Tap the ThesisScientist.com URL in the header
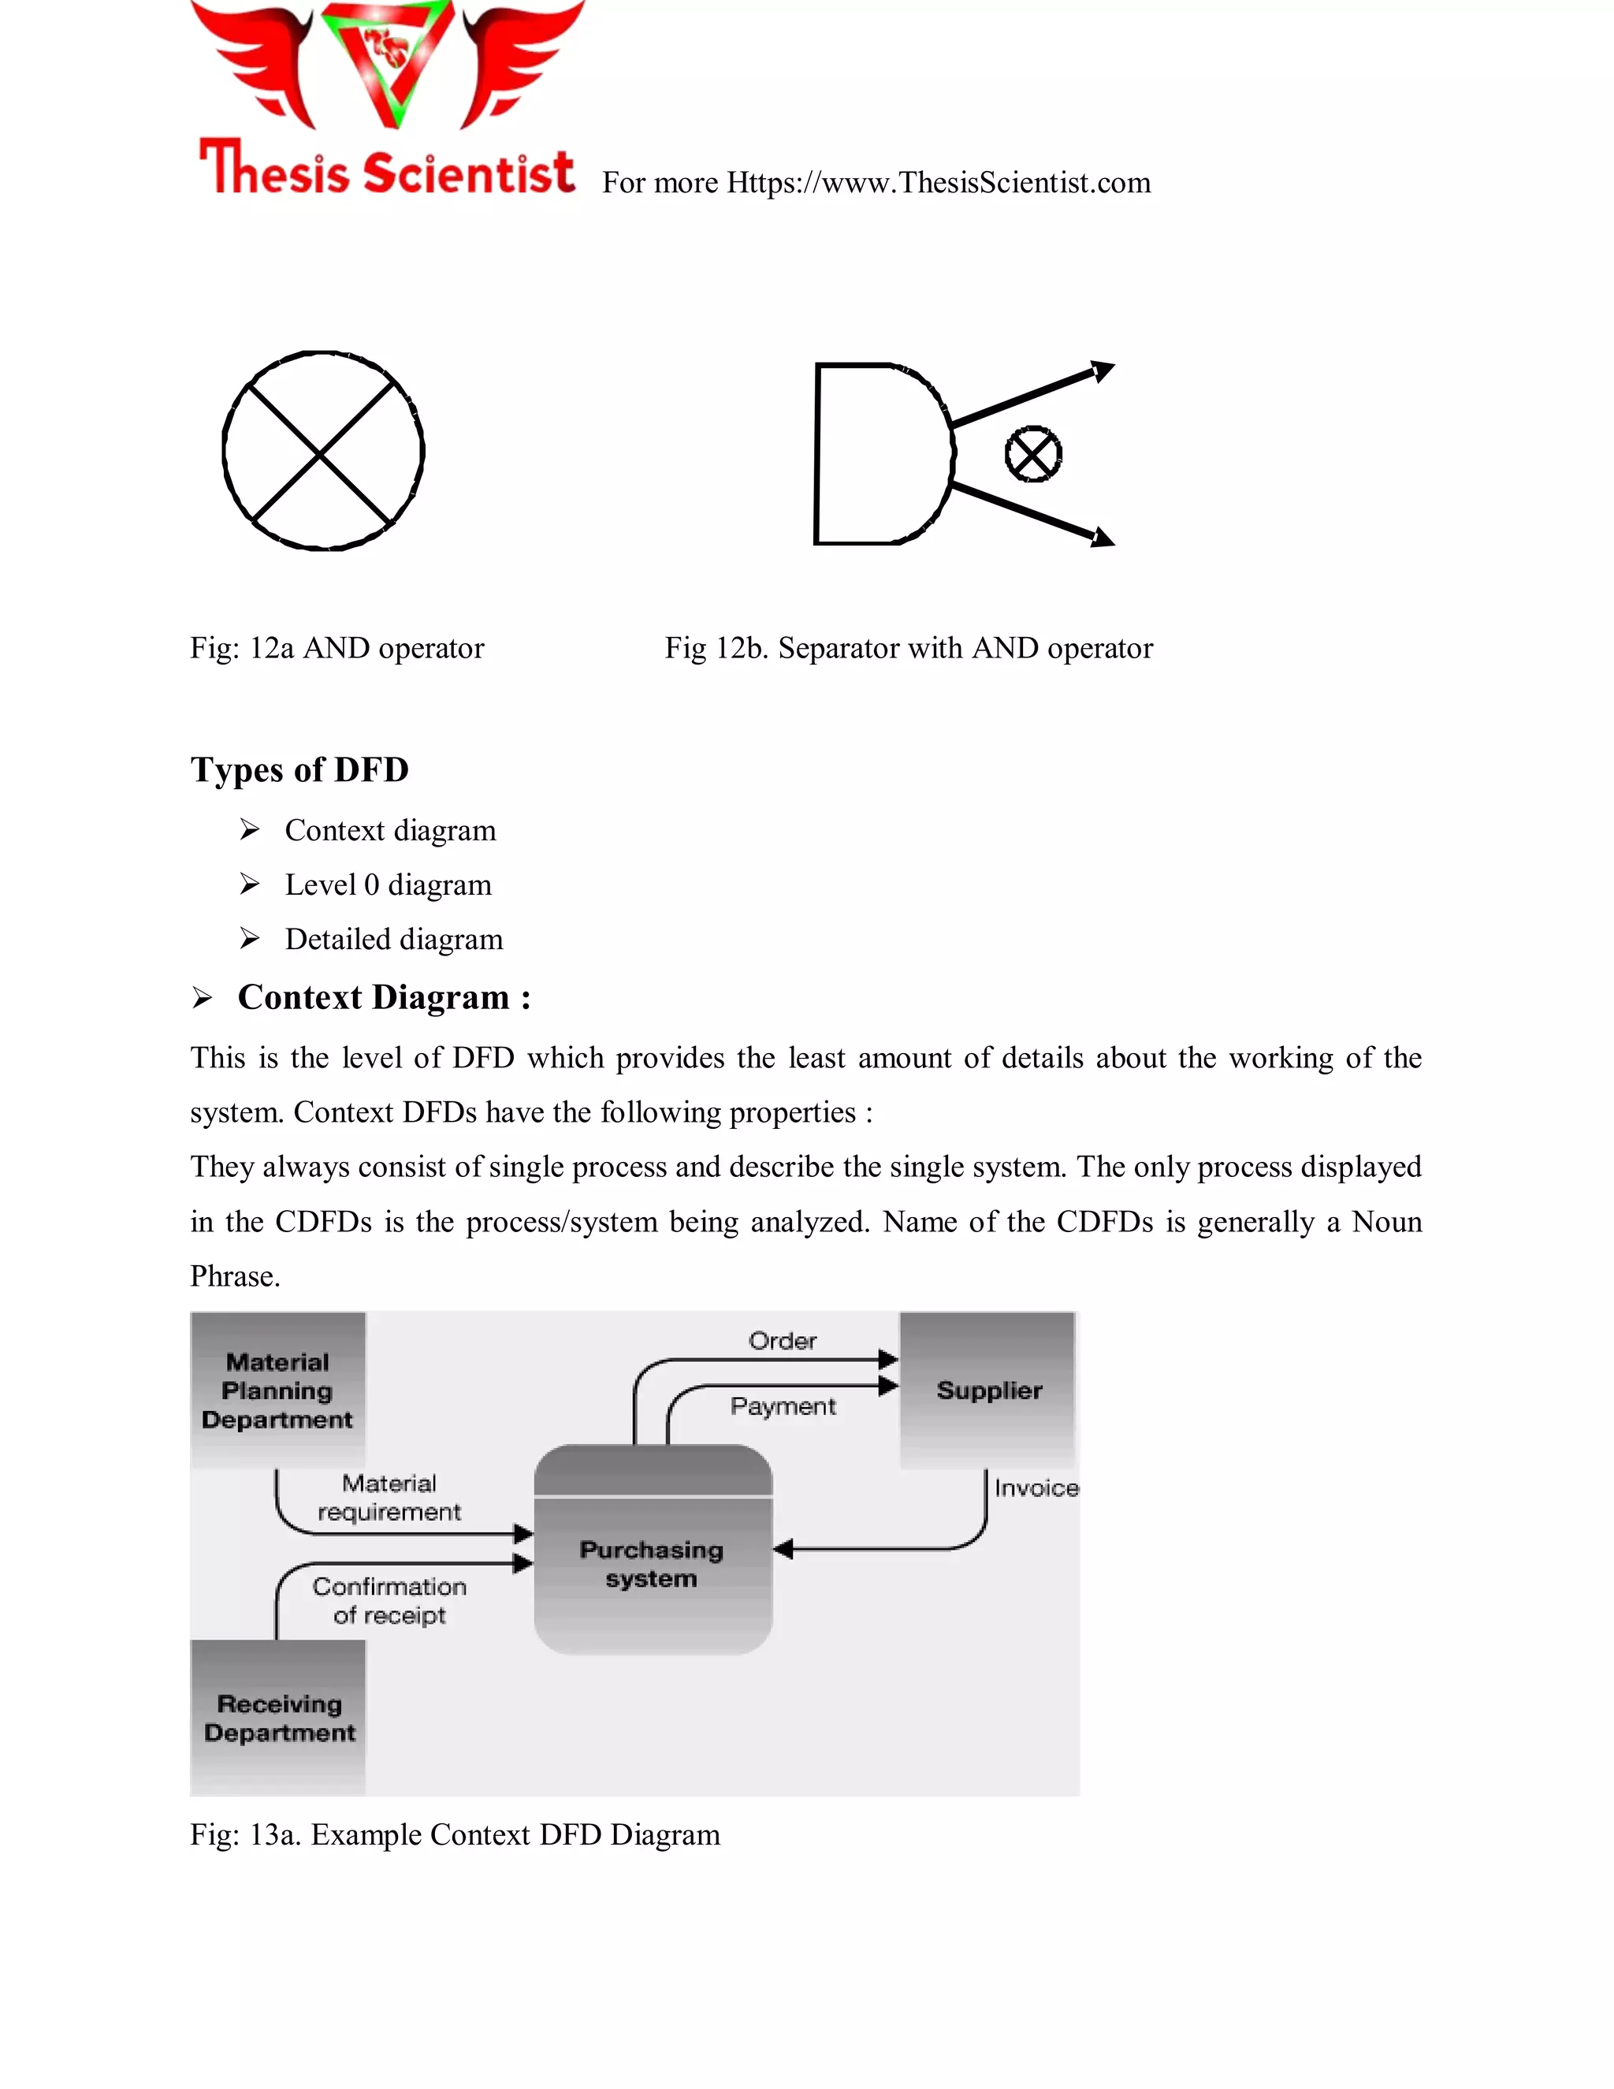coord(937,183)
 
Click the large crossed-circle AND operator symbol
coord(323,450)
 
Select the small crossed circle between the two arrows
coord(1032,454)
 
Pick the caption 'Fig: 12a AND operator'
coord(337,649)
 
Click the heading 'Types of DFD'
coord(299,770)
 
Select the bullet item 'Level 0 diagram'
coord(389,884)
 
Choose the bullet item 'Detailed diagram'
coord(394,940)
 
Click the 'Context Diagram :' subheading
coord(384,998)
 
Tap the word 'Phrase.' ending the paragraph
coord(235,1277)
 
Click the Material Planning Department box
coord(277,1390)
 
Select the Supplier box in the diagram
coord(987,1390)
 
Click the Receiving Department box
coord(278,1717)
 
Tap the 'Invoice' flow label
coord(1036,1488)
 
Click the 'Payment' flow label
coord(782,1406)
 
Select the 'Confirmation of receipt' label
coord(389,1600)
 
